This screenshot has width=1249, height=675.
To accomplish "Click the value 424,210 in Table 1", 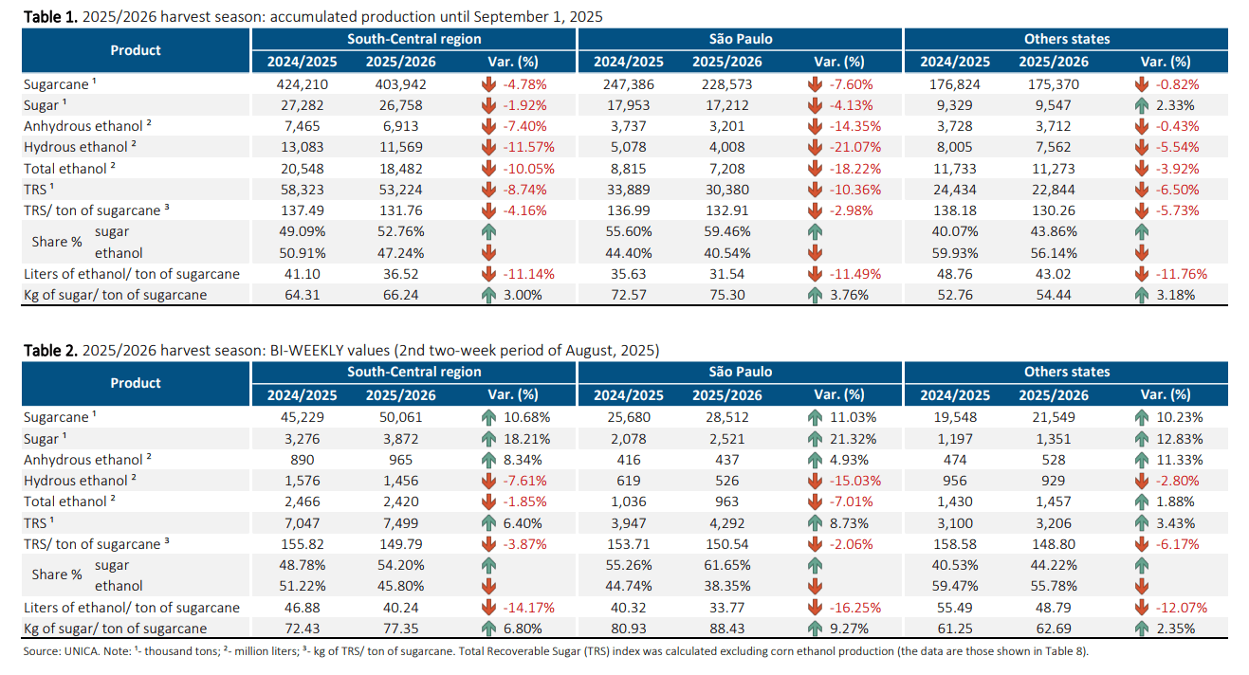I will point(297,84).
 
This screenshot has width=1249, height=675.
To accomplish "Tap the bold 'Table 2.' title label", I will point(50,351).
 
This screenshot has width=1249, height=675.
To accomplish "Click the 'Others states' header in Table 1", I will point(1066,39).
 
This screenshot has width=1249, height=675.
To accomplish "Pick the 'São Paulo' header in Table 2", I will point(740,372).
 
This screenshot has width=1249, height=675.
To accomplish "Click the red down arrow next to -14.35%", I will point(815,126).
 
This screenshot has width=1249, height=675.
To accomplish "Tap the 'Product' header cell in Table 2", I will point(136,383).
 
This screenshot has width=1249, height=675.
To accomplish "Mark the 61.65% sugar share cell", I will point(727,565).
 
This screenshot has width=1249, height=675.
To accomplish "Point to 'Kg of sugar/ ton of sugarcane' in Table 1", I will point(115,295).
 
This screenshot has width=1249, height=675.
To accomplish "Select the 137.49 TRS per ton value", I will point(297,210).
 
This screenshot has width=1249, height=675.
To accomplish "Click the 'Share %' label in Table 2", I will point(57,575).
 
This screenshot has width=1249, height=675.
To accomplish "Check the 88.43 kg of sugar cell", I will point(727,629).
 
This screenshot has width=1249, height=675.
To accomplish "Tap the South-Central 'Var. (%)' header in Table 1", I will point(512,62).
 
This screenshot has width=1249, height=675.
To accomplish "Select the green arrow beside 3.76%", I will point(815,295).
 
